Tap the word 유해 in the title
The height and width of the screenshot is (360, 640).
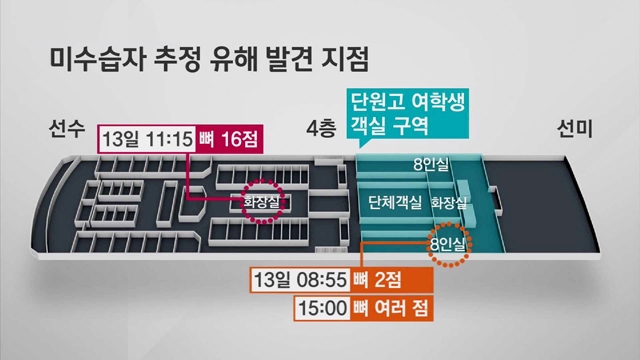233,60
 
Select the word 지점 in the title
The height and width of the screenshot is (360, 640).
345,60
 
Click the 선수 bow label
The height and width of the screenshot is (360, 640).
67,129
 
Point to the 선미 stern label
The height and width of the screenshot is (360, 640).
575,129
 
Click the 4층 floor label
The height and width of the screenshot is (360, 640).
321,129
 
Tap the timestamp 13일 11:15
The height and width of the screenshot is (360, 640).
147,139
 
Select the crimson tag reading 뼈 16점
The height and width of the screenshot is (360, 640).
229,139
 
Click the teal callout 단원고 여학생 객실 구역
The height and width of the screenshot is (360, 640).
408,113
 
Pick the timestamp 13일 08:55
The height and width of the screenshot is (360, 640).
300,280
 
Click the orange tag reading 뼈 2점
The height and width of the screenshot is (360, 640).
391,280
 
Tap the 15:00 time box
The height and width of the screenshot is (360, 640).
322,308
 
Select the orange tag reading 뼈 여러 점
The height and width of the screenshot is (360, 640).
391,308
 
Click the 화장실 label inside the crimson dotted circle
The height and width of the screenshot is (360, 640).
262,202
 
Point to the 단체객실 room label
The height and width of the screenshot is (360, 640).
394,202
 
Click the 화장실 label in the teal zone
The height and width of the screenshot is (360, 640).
449,202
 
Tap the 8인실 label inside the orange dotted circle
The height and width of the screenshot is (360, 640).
448,245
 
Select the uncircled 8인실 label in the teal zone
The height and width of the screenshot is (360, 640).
431,164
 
